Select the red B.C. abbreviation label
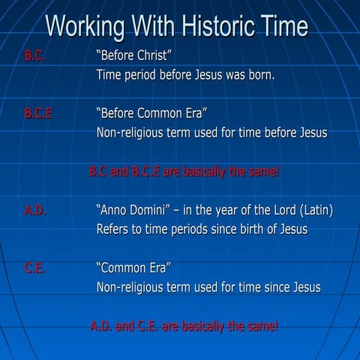(x=35, y=56)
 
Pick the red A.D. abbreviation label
(x=35, y=211)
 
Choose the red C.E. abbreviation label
(x=34, y=268)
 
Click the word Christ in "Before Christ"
(x=156, y=56)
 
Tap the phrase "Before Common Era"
(x=151, y=114)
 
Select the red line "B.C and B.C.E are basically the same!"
(x=184, y=172)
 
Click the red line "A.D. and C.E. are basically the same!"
(x=184, y=326)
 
